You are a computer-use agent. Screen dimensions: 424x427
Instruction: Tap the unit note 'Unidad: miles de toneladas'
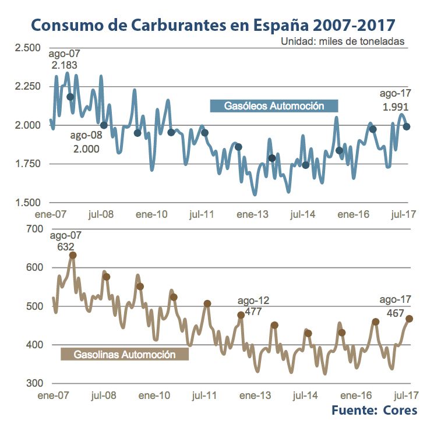[x=342, y=41]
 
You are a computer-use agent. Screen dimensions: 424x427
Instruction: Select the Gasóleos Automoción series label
[x=274, y=106]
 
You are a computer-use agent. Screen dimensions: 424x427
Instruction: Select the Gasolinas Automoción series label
[x=125, y=354]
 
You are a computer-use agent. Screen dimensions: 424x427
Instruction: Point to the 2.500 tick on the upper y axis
[x=27, y=48]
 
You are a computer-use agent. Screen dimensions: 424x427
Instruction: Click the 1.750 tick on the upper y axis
[x=27, y=164]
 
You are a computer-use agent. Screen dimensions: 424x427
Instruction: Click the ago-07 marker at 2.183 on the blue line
[x=70, y=97]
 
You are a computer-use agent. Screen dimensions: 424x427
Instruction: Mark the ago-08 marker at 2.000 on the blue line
[x=104, y=125]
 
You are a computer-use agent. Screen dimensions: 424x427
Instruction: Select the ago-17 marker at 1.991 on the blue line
[x=407, y=126]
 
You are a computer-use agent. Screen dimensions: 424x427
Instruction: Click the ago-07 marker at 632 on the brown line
[x=73, y=255]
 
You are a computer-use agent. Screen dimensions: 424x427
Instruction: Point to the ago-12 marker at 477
[x=241, y=315]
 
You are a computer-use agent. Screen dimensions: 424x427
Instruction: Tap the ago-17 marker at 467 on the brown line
[x=410, y=319]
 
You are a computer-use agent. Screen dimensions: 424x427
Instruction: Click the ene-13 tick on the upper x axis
[x=252, y=214]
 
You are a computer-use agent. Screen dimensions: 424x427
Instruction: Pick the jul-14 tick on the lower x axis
[x=303, y=395]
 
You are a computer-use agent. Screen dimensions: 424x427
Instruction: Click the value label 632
[x=65, y=246]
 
